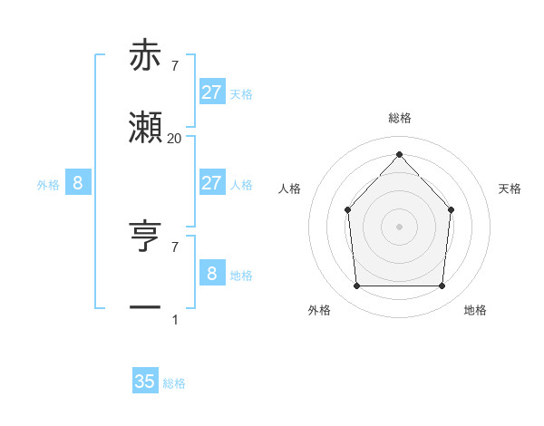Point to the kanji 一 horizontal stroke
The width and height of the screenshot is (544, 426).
pyautogui.click(x=146, y=308)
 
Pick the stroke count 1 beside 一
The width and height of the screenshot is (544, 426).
pyautogui.click(x=174, y=319)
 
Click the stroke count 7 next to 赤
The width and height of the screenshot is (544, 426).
pyautogui.click(x=174, y=65)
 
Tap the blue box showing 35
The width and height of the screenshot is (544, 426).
pyautogui.click(x=145, y=382)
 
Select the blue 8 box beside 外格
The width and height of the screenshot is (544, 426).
pyautogui.click(x=78, y=183)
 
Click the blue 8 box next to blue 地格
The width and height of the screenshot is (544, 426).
pyautogui.click(x=211, y=273)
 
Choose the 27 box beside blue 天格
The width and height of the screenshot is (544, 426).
pyautogui.click(x=211, y=92)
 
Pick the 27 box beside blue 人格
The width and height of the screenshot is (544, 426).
pyautogui.click(x=211, y=183)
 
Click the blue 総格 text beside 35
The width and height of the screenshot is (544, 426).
pyautogui.click(x=174, y=383)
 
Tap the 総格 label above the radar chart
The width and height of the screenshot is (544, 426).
pyautogui.click(x=399, y=118)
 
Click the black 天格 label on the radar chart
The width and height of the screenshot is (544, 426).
pyautogui.click(x=510, y=189)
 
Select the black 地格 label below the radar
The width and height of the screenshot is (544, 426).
pyautogui.click(x=475, y=310)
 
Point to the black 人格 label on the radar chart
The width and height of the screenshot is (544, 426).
pyautogui.click(x=289, y=189)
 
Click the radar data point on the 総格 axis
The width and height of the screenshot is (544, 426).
pyautogui.click(x=399, y=153)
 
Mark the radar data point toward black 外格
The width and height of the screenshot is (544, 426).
pyautogui.click(x=356, y=286)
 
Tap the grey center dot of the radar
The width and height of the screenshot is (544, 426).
pyautogui.click(x=399, y=227)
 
